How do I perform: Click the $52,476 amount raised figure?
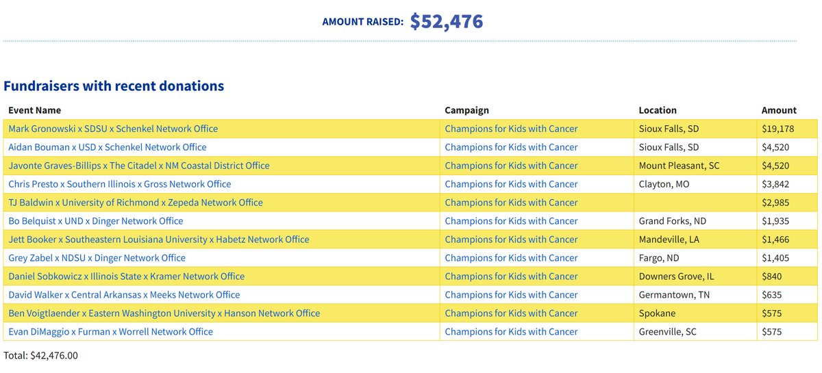point(447,21)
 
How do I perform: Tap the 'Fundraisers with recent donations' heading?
point(114,86)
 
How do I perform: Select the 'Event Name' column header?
point(34,110)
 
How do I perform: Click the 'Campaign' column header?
point(466,110)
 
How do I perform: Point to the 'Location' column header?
point(657,110)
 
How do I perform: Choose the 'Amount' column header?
point(779,110)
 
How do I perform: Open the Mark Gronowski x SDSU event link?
point(113,129)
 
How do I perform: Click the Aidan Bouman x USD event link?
point(108,147)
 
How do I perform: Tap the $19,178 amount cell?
point(777,129)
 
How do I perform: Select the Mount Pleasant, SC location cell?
point(679,166)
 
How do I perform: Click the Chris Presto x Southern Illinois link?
point(120,184)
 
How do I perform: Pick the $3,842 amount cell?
point(775,184)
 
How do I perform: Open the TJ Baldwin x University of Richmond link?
point(136,203)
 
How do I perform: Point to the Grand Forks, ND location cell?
point(672,221)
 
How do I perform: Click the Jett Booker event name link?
point(159,240)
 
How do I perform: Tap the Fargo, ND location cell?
point(658,258)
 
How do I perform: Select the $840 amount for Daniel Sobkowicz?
point(771,276)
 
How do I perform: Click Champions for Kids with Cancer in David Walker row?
point(511,295)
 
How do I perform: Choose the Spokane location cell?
point(658,313)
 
